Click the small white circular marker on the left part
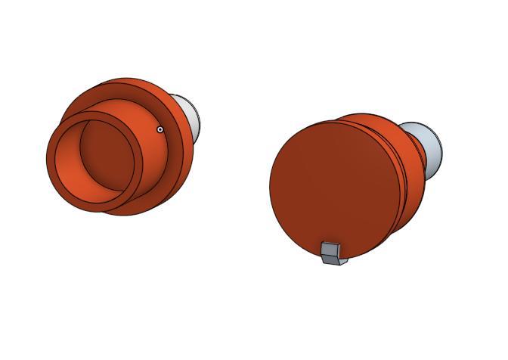pyautogui.click(x=160, y=129)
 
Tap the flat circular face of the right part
pyautogui.click(x=333, y=185)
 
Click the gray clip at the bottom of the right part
pyautogui.click(x=332, y=253)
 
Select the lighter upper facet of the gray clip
pyautogui.click(x=330, y=248)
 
